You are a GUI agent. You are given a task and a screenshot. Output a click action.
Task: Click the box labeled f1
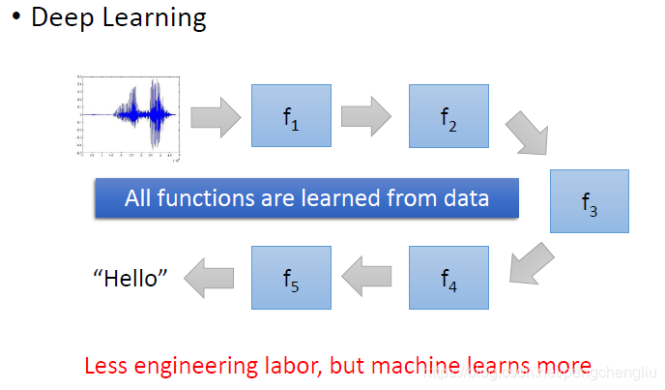click(x=291, y=116)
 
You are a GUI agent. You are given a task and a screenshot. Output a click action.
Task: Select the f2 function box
click(x=448, y=116)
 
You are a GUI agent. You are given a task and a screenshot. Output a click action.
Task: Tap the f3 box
click(x=589, y=201)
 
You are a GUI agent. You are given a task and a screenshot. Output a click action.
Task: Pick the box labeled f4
click(x=448, y=278)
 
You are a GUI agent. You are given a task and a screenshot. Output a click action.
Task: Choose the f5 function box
click(x=291, y=278)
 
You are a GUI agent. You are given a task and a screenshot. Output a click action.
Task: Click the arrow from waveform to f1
click(x=215, y=116)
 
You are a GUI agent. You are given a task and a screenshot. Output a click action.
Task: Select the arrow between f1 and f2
click(x=367, y=116)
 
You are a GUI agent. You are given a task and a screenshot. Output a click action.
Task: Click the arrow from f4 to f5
click(x=367, y=278)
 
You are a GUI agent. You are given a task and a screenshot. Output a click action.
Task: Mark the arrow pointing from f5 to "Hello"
click(x=210, y=278)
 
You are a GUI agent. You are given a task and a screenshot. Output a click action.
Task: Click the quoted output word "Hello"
click(x=130, y=279)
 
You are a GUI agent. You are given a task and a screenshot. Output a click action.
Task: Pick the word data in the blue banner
click(x=466, y=199)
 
